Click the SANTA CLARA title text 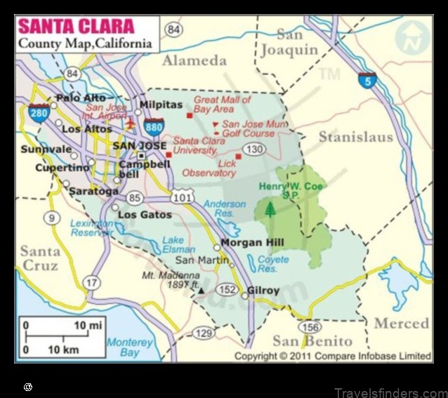[75, 27]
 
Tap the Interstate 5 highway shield [367, 79]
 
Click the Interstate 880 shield [154, 127]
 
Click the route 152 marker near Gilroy [227, 289]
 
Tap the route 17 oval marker [91, 282]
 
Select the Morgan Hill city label [245, 243]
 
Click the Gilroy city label [263, 291]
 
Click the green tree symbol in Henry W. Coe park [270, 209]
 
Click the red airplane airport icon [130, 124]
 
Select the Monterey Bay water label [130, 347]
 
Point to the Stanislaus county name [355, 138]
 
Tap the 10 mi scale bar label [87, 326]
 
